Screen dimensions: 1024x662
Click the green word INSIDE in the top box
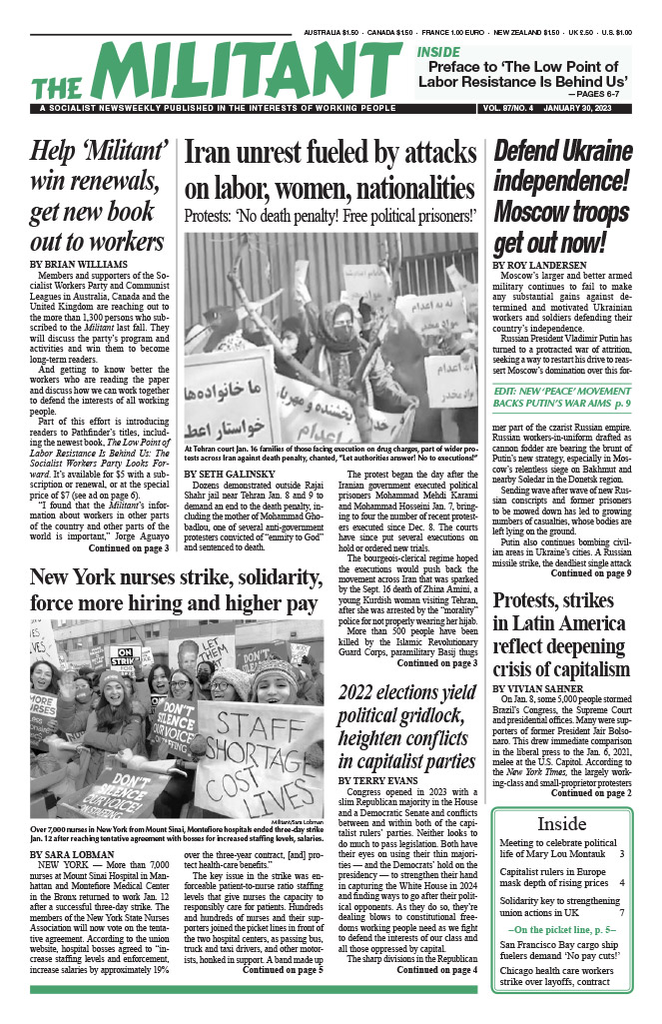pyautogui.click(x=439, y=52)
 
